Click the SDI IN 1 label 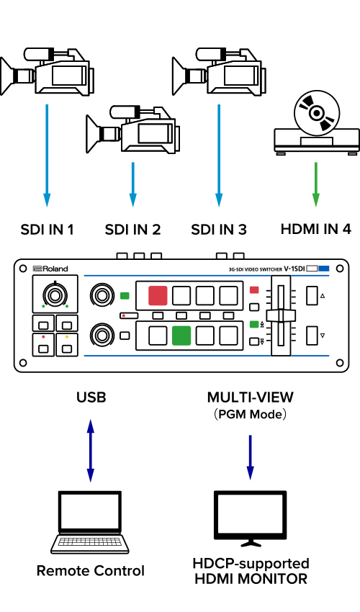click(48, 229)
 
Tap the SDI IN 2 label click(132, 229)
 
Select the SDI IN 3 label click(219, 229)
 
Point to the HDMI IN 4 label click(316, 229)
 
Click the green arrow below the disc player click(316, 184)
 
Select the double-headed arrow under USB click(91, 451)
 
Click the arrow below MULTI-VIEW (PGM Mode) click(251, 457)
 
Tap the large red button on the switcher click(158, 295)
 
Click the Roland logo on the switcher click(50, 269)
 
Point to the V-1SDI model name click(294, 269)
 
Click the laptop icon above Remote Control click(90, 522)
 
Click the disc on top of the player click(317, 113)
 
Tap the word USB click(91, 397)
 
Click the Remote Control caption click(91, 571)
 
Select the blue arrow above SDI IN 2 click(132, 184)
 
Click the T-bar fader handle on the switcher click(280, 315)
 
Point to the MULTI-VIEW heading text click(251, 397)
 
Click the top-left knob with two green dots click(55, 294)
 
